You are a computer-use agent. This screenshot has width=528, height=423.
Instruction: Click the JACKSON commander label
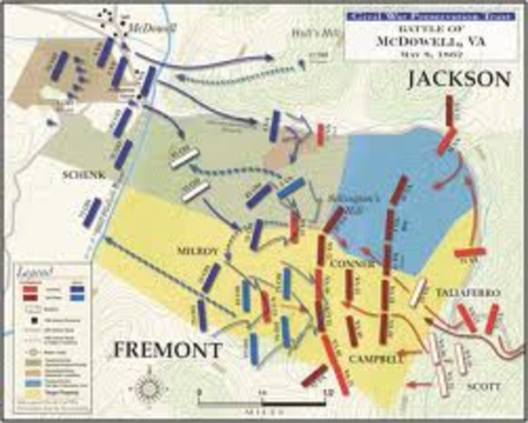[x=457, y=80]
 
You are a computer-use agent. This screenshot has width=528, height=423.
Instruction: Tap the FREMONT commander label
[x=167, y=349]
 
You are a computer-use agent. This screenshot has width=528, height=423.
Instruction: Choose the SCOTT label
[x=484, y=387]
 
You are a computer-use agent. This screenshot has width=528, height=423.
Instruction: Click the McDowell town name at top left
[x=152, y=27]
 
